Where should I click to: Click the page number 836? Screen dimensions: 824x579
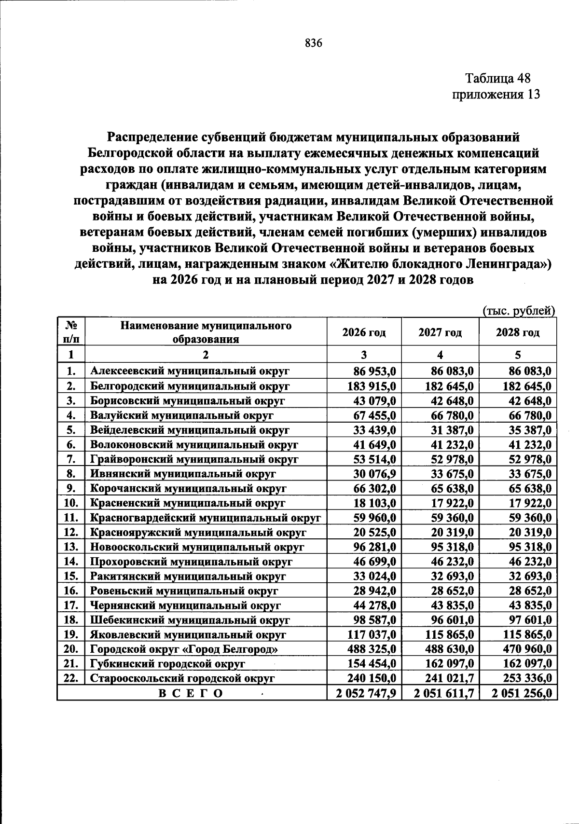313,43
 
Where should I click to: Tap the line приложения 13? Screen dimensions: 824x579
495,94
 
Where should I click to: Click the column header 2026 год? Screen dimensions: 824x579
364,332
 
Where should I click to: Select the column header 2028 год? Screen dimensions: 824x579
518,332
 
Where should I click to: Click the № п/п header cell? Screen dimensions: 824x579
71,332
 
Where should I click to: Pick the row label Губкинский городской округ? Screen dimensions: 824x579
168,664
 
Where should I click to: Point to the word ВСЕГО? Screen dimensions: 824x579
191,694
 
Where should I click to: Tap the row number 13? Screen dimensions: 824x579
71,547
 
